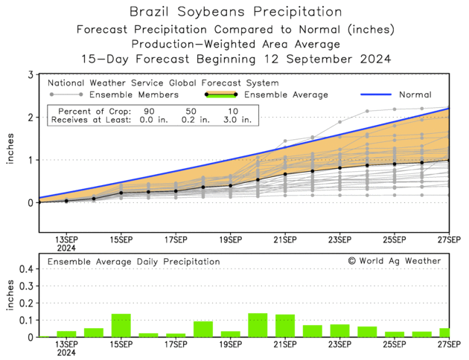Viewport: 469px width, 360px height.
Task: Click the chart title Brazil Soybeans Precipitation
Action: [x=235, y=13]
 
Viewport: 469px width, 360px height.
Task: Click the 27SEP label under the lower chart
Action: [x=449, y=344]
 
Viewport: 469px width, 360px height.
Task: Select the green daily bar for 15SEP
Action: [x=121, y=325]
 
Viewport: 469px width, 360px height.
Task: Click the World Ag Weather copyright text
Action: [x=394, y=261]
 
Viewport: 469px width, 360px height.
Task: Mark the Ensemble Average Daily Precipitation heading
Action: [x=134, y=262]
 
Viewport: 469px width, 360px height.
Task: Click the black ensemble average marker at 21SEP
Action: [x=285, y=174]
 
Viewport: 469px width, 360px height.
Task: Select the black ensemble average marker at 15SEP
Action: [x=121, y=193]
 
